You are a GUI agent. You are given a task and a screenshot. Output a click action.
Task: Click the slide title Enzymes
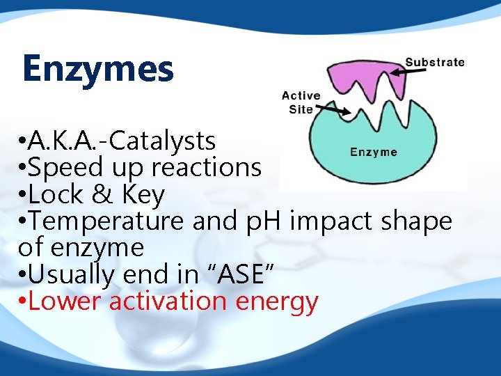tap(97, 68)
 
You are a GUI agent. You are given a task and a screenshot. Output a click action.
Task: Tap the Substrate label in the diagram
tap(435, 62)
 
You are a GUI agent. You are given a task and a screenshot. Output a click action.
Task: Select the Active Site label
tap(301, 102)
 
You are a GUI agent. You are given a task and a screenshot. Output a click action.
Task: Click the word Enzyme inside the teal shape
tap(374, 152)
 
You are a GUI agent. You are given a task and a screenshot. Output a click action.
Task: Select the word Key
tap(143, 195)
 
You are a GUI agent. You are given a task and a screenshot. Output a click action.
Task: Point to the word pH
tap(263, 221)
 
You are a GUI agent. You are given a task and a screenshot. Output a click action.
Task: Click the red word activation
tap(168, 301)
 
